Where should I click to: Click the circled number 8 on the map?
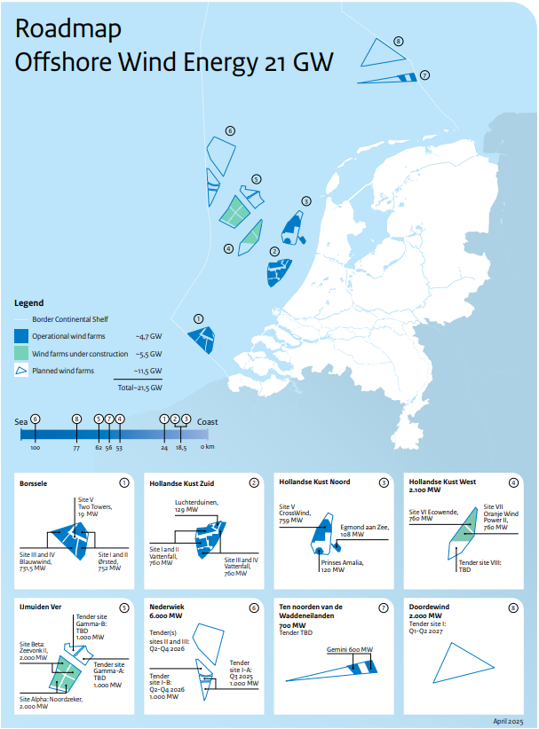click(x=399, y=42)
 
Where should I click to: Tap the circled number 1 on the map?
click(x=199, y=318)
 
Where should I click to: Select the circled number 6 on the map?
click(x=230, y=131)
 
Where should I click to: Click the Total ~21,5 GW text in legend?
click(x=139, y=388)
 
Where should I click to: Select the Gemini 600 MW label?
click(x=350, y=650)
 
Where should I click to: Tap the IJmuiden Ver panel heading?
click(x=39, y=607)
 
